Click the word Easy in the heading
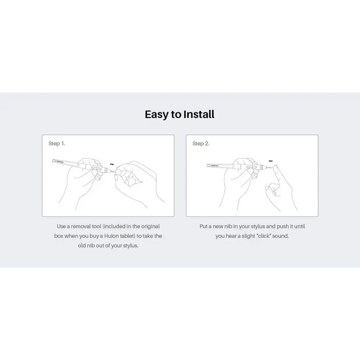(156, 114)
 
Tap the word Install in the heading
(199, 114)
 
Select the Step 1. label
(57, 143)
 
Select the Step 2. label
(201, 143)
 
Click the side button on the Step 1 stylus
(94, 168)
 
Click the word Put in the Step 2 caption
(204, 226)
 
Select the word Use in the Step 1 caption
(62, 226)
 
